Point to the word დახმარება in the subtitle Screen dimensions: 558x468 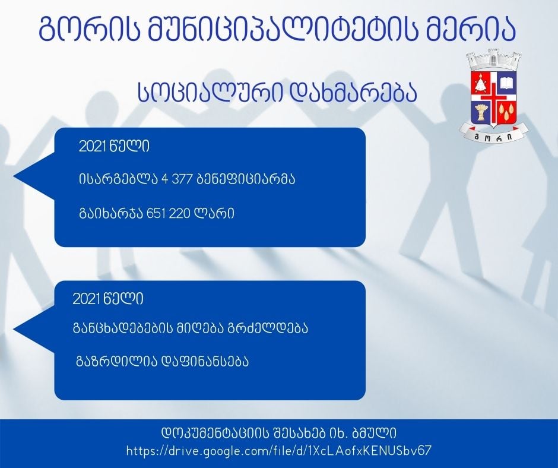tap(354, 93)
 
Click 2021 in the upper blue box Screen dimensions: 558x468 tap(90, 146)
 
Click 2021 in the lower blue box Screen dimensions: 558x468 tap(84, 299)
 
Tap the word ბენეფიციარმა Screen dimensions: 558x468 tap(246, 179)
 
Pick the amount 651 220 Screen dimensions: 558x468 tap(169, 213)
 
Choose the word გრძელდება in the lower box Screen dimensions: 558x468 tap(267, 328)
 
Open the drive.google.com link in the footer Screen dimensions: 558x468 tap(279, 451)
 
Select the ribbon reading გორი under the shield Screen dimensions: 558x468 tap(493, 134)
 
